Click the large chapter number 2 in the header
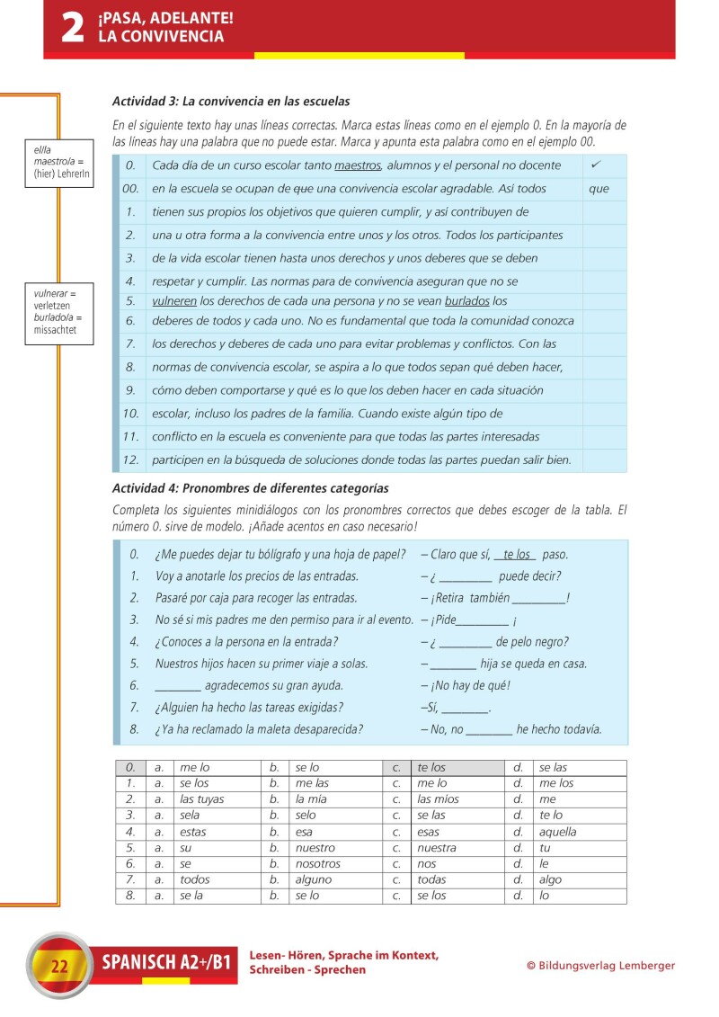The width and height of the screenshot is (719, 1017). (x=72, y=28)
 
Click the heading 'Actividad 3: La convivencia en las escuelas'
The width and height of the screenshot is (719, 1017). (x=231, y=102)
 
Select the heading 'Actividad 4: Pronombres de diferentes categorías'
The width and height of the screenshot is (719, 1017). (x=250, y=488)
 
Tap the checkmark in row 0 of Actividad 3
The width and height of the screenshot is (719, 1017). (x=595, y=165)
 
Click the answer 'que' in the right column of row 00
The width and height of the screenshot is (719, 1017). (x=599, y=189)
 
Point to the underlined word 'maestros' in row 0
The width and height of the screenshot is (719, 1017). (x=358, y=165)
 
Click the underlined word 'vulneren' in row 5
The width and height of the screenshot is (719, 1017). (x=174, y=301)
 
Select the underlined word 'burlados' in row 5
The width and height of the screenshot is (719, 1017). (x=467, y=301)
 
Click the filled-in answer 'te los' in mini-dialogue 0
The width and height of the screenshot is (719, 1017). (x=516, y=555)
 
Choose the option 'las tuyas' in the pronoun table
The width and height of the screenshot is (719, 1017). (x=202, y=799)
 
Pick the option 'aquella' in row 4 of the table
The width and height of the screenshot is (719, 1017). (x=558, y=832)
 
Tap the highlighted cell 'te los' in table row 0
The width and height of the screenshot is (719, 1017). (x=431, y=768)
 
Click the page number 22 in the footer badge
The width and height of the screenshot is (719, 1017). (x=60, y=967)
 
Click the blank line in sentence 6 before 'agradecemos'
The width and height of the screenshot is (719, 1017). (x=177, y=685)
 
